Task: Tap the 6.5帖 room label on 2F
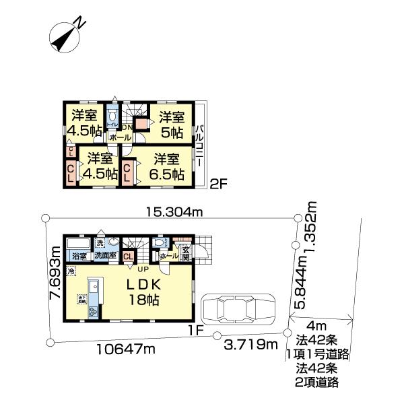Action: (x=165, y=167)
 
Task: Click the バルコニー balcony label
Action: (x=200, y=149)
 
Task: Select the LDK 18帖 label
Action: (x=143, y=292)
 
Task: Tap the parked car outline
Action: (x=234, y=310)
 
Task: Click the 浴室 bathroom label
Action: (x=79, y=257)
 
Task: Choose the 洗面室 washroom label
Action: (x=106, y=257)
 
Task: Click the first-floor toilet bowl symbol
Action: (x=159, y=242)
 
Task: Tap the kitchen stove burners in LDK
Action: (x=92, y=310)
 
